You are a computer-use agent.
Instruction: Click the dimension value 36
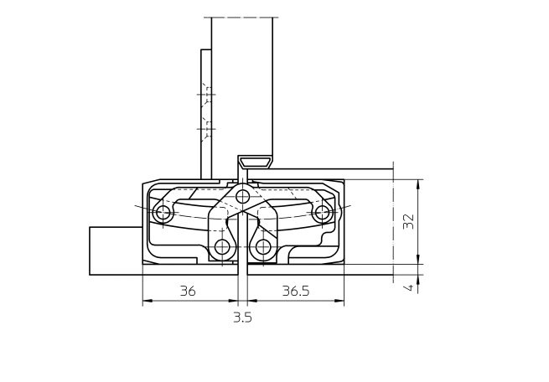(188, 291)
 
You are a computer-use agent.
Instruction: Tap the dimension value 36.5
(296, 291)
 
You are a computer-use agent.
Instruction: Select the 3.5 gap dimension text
(242, 317)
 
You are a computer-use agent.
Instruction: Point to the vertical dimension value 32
(408, 221)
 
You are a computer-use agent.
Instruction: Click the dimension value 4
(408, 287)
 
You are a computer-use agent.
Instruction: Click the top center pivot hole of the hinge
(242, 197)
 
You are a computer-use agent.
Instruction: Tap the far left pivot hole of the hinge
(163, 212)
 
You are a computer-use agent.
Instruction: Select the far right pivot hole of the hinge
(322, 212)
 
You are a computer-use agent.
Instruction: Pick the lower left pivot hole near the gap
(222, 247)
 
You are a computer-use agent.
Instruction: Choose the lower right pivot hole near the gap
(262, 247)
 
